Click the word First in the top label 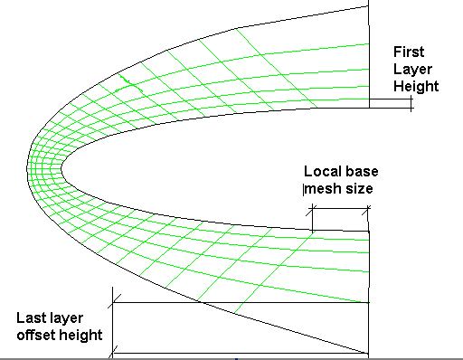[408, 52]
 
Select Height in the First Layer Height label [416, 86]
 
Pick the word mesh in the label [323, 189]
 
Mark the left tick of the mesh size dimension [311, 217]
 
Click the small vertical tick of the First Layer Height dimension [411, 103]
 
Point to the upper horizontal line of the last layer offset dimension [240, 302]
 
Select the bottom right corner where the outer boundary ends [369, 353]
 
